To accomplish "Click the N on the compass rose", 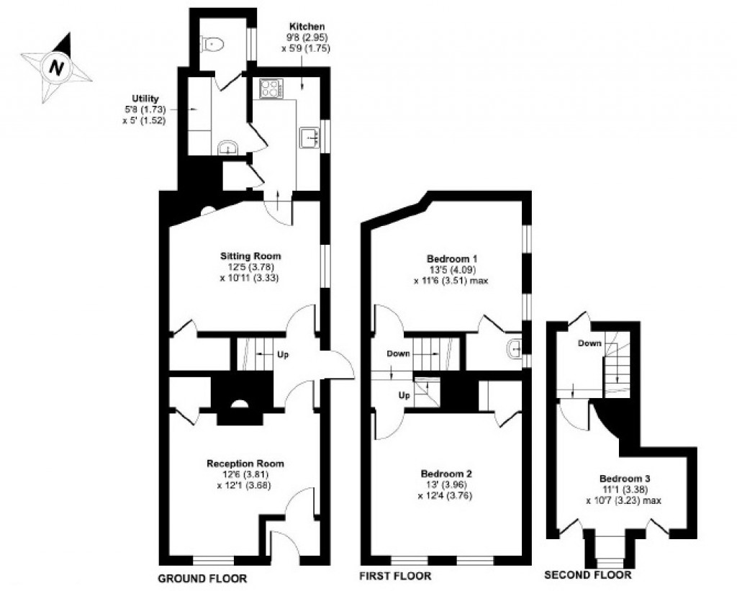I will [x=55, y=69].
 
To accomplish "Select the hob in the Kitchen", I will [x=271, y=89].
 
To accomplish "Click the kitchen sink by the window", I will [x=309, y=136].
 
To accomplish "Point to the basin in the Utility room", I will [x=228, y=148].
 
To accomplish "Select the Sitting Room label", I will [x=250, y=256].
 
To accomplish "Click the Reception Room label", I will [x=245, y=464].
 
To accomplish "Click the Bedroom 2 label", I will [x=446, y=474].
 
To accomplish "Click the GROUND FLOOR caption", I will [x=202, y=578].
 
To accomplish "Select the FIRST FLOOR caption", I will [x=395, y=576].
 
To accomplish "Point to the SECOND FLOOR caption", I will [x=588, y=575].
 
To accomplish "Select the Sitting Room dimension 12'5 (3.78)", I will [x=250, y=267].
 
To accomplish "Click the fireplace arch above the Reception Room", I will [x=238, y=404].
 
